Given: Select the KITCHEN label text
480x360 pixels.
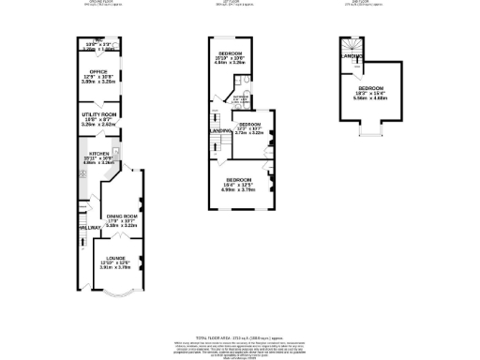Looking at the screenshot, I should click(99, 154).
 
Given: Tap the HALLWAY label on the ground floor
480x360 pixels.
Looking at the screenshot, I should click(89, 228).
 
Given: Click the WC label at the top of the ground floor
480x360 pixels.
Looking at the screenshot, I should click(99, 39).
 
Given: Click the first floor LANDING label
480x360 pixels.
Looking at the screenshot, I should click(221, 130).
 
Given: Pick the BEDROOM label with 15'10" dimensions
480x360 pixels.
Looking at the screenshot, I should click(232, 52).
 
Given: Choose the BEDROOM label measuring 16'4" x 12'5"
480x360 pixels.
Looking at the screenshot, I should click(238, 179).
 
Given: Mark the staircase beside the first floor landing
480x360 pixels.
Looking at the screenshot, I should click(217, 117).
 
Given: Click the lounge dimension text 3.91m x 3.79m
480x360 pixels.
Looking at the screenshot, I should click(116, 266).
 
